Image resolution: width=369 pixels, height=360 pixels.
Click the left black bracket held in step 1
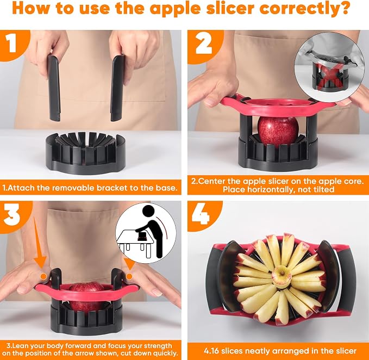[x=54, y=88]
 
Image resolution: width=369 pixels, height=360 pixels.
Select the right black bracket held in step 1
[x=117, y=88]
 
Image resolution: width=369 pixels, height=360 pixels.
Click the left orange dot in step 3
[x=43, y=276]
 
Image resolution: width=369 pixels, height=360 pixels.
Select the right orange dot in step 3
[x=129, y=276]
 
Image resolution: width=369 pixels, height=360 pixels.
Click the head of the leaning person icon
[x=149, y=211]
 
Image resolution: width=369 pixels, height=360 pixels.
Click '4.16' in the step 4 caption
[x=212, y=351]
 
